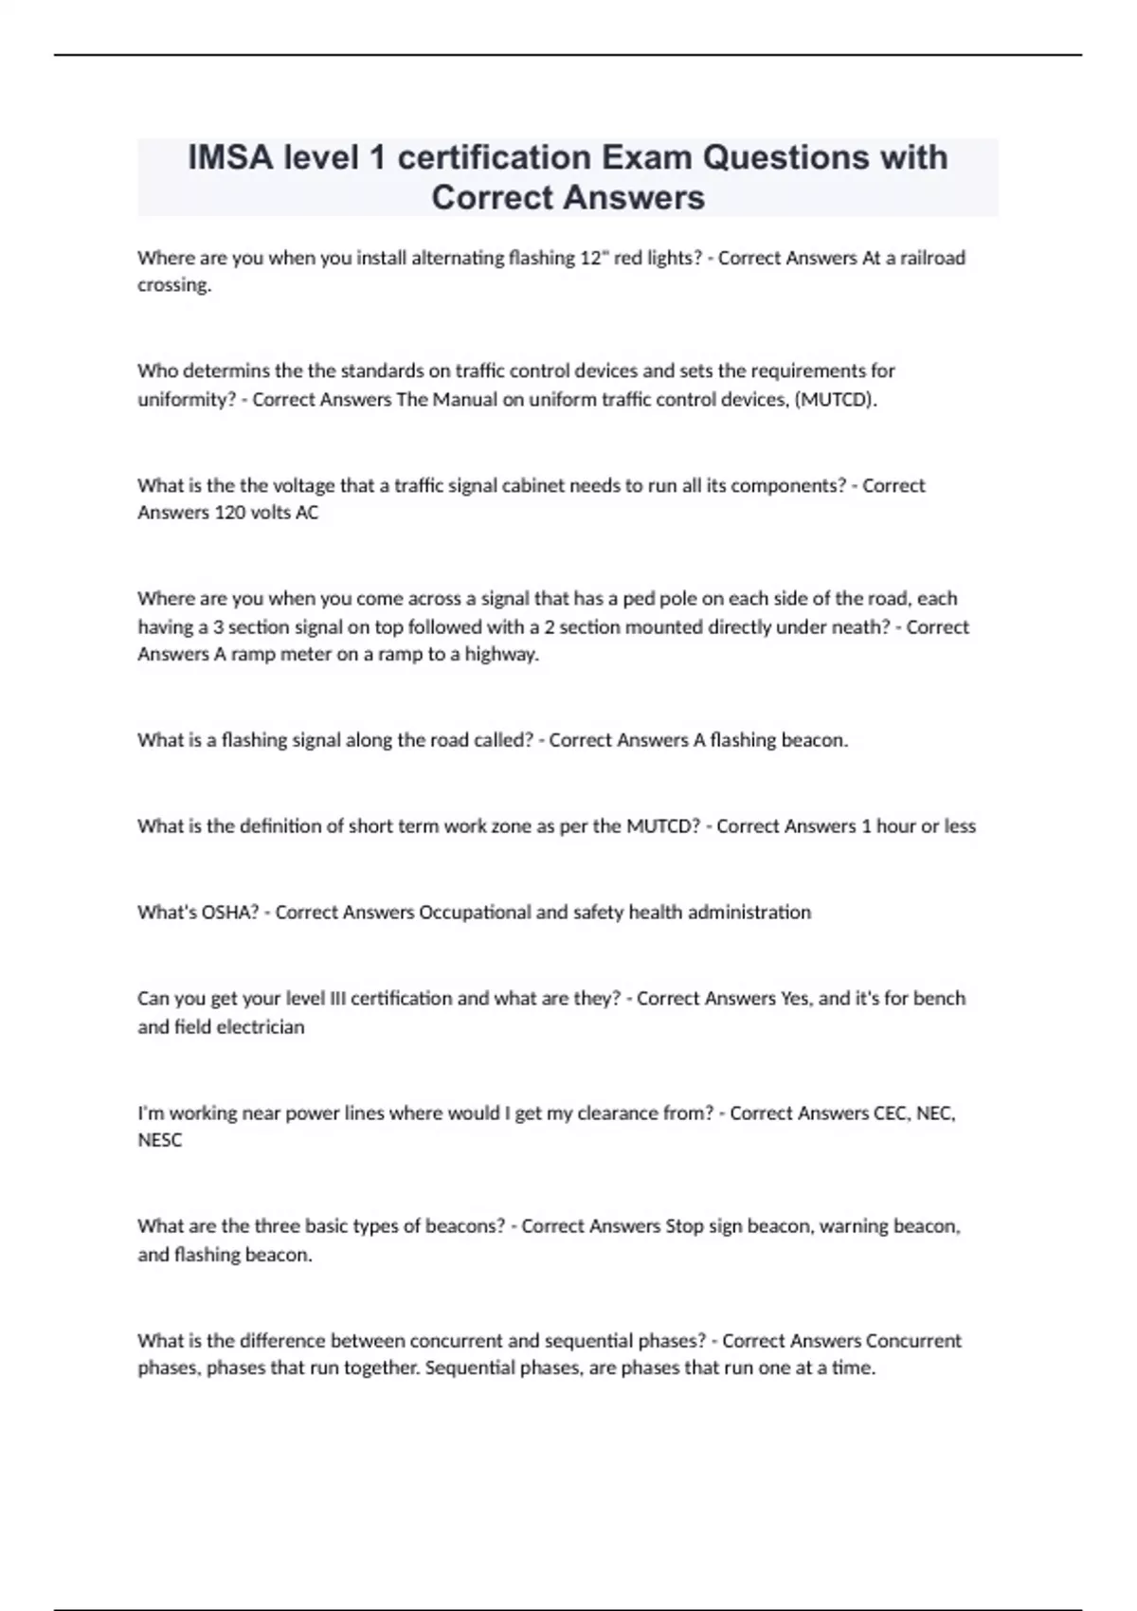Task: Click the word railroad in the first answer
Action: (x=927, y=258)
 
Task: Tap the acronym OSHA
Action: (x=229, y=913)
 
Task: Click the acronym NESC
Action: (x=159, y=1140)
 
